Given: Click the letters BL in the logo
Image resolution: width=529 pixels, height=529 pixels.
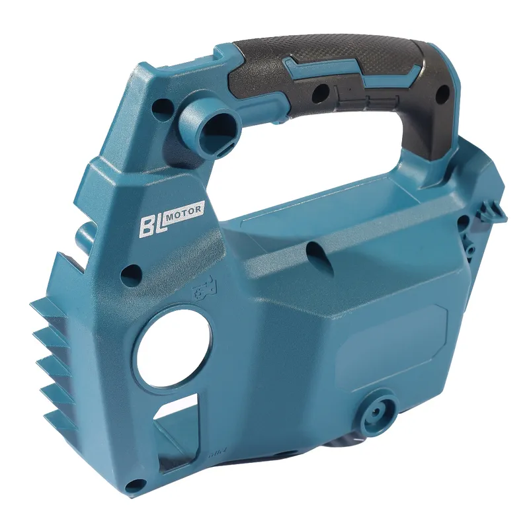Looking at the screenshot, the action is [x=153, y=225].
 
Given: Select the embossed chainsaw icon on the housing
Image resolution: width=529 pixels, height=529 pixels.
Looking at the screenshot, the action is [x=204, y=288].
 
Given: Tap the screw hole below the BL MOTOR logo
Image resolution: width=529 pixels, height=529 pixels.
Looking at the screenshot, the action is [x=132, y=272].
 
